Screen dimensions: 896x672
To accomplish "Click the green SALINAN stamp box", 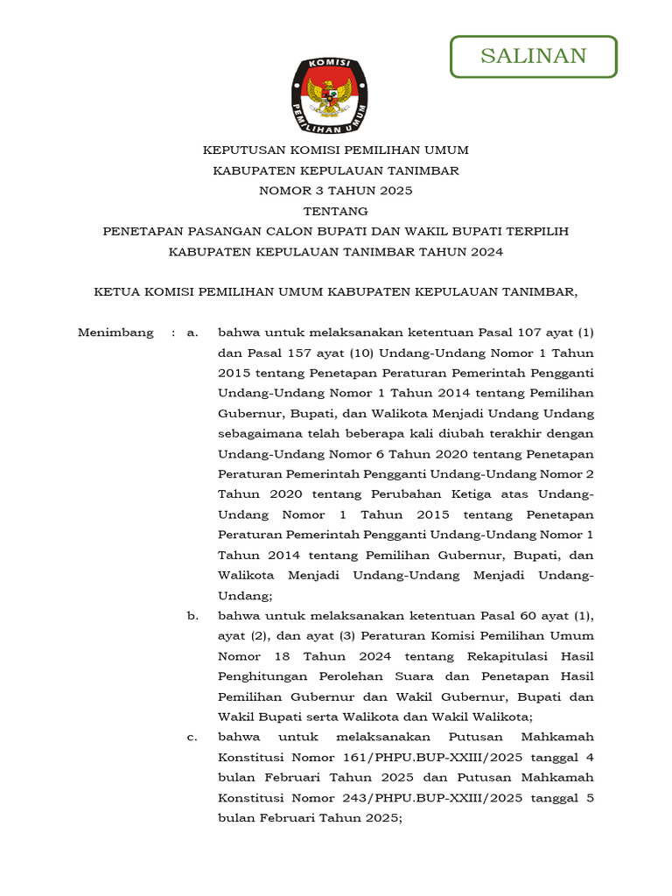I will [x=533, y=57].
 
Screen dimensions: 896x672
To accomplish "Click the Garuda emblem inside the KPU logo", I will [x=329, y=95].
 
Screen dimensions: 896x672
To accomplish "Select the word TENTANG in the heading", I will [x=335, y=211].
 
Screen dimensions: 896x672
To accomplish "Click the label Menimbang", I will [x=115, y=332].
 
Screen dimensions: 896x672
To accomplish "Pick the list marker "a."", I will [x=192, y=332].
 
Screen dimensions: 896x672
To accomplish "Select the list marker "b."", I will [x=192, y=616].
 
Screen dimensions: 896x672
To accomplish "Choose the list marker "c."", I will [x=192, y=737].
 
